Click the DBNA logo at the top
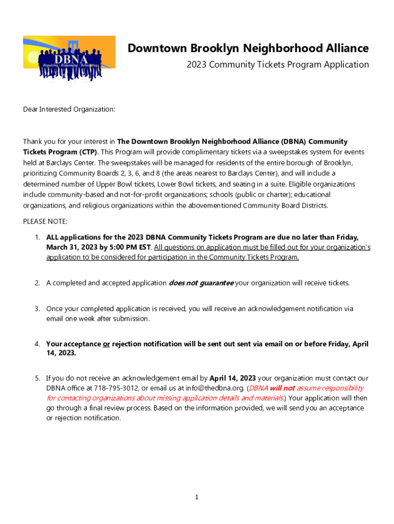point(69,58)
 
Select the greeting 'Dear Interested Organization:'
point(69,110)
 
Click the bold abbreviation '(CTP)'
point(88,152)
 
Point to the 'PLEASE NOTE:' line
point(45,222)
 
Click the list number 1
point(37,237)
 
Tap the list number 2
point(37,283)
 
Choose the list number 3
point(37,309)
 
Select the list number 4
point(37,344)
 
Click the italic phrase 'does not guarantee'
point(201,283)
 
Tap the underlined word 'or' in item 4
point(106,344)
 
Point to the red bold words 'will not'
point(282,388)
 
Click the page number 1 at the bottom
point(196,497)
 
